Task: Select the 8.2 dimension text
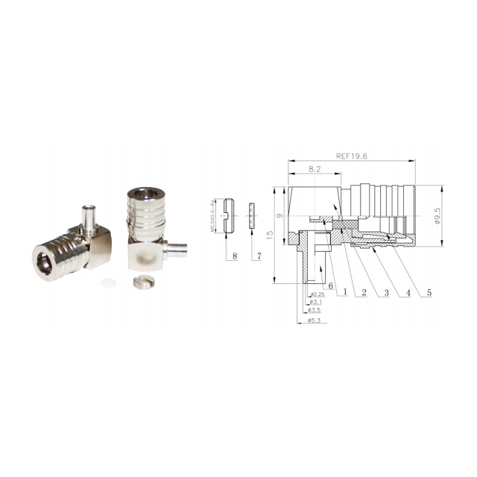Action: (315, 170)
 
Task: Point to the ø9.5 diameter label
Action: (437, 215)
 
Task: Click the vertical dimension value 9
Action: (279, 215)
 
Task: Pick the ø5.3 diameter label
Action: (315, 320)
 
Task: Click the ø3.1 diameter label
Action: (315, 302)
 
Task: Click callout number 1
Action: (345, 292)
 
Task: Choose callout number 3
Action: (386, 292)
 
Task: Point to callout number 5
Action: (429, 292)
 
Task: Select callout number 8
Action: (235, 256)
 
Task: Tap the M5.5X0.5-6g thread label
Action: (213, 215)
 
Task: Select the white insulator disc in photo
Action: (110, 282)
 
